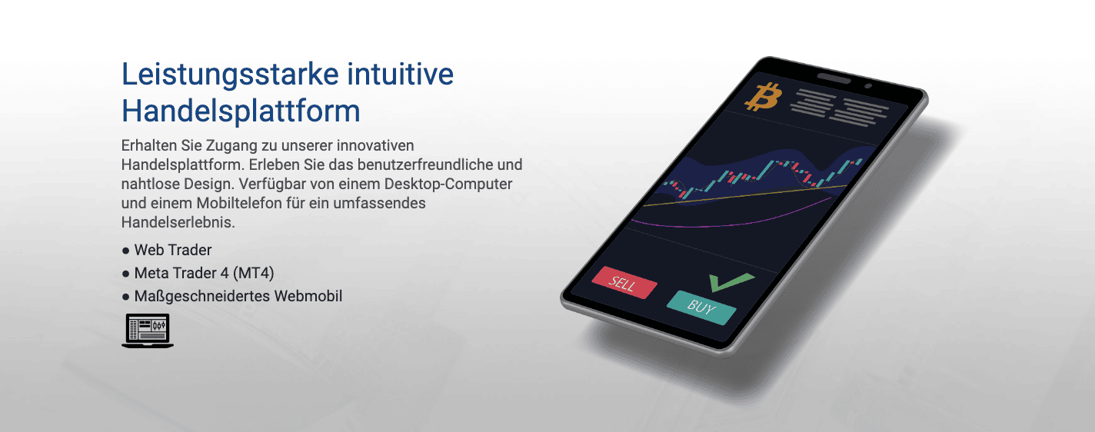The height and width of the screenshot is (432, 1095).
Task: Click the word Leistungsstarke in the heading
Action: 230,75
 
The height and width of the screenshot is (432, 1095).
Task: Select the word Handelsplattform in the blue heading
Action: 241,111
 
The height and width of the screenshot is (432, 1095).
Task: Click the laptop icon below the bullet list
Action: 148,331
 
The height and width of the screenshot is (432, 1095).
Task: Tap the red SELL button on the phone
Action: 624,283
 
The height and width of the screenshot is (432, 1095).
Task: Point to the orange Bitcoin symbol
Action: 763,97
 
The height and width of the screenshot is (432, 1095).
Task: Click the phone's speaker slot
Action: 834,78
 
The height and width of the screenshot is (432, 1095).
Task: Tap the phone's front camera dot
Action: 868,86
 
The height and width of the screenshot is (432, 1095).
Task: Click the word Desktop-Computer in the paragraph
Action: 448,184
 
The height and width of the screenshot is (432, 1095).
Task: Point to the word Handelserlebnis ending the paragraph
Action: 178,222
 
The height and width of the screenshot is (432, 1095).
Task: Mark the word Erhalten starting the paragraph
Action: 149,145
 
